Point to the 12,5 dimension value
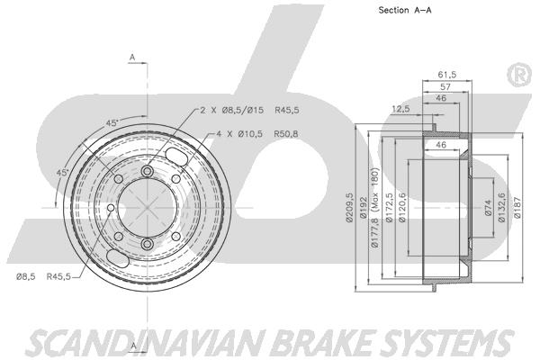[401, 109]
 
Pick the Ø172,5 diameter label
[388, 206]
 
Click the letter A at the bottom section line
[131, 345]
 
